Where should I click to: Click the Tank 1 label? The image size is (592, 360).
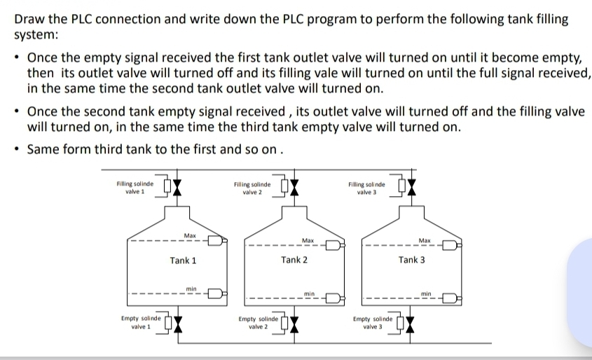183,261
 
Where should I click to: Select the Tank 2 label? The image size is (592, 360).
294,260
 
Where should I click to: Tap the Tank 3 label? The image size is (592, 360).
411,260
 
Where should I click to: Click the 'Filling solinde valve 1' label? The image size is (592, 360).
135,187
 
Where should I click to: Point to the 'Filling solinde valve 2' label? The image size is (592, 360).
252,187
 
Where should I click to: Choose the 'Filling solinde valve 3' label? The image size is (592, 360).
366,187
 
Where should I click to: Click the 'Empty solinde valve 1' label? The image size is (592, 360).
141,321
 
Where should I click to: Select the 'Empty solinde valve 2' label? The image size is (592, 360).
259,322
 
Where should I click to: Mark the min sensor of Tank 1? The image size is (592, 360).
214,293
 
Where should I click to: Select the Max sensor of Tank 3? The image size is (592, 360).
449,246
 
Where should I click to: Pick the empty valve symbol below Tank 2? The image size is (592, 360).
295,324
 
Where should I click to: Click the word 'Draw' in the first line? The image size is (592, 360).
29,19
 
